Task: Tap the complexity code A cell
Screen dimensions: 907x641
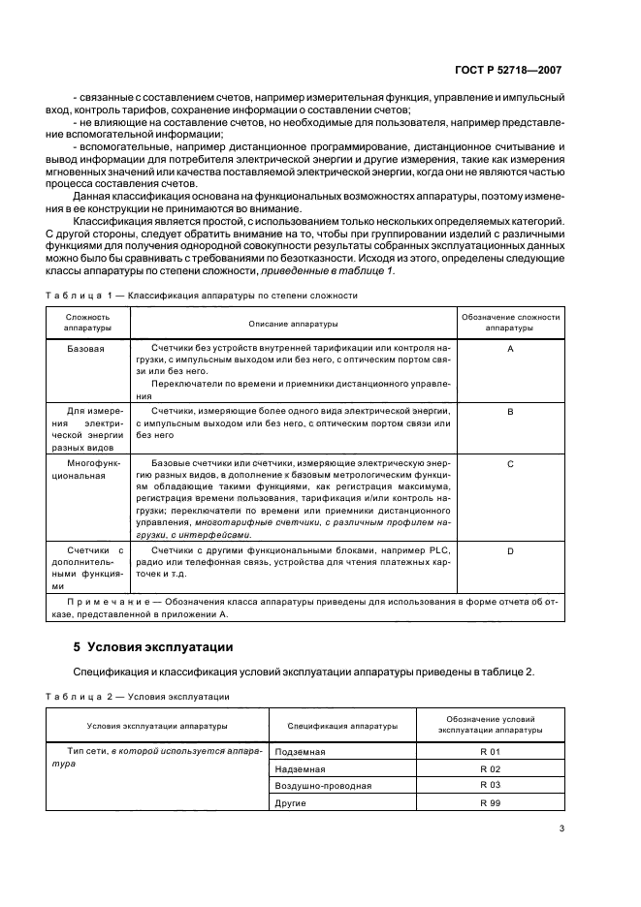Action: pos(509,346)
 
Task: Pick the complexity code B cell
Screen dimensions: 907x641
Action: pos(509,412)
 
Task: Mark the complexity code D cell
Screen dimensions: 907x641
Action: pos(509,550)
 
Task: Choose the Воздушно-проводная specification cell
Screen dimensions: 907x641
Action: pos(323,786)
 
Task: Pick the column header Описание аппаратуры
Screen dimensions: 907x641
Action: pos(293,322)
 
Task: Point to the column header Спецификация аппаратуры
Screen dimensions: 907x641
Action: pos(341,725)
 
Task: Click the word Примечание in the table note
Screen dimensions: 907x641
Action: pos(95,603)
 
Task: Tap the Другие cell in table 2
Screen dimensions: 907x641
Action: pos(294,803)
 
